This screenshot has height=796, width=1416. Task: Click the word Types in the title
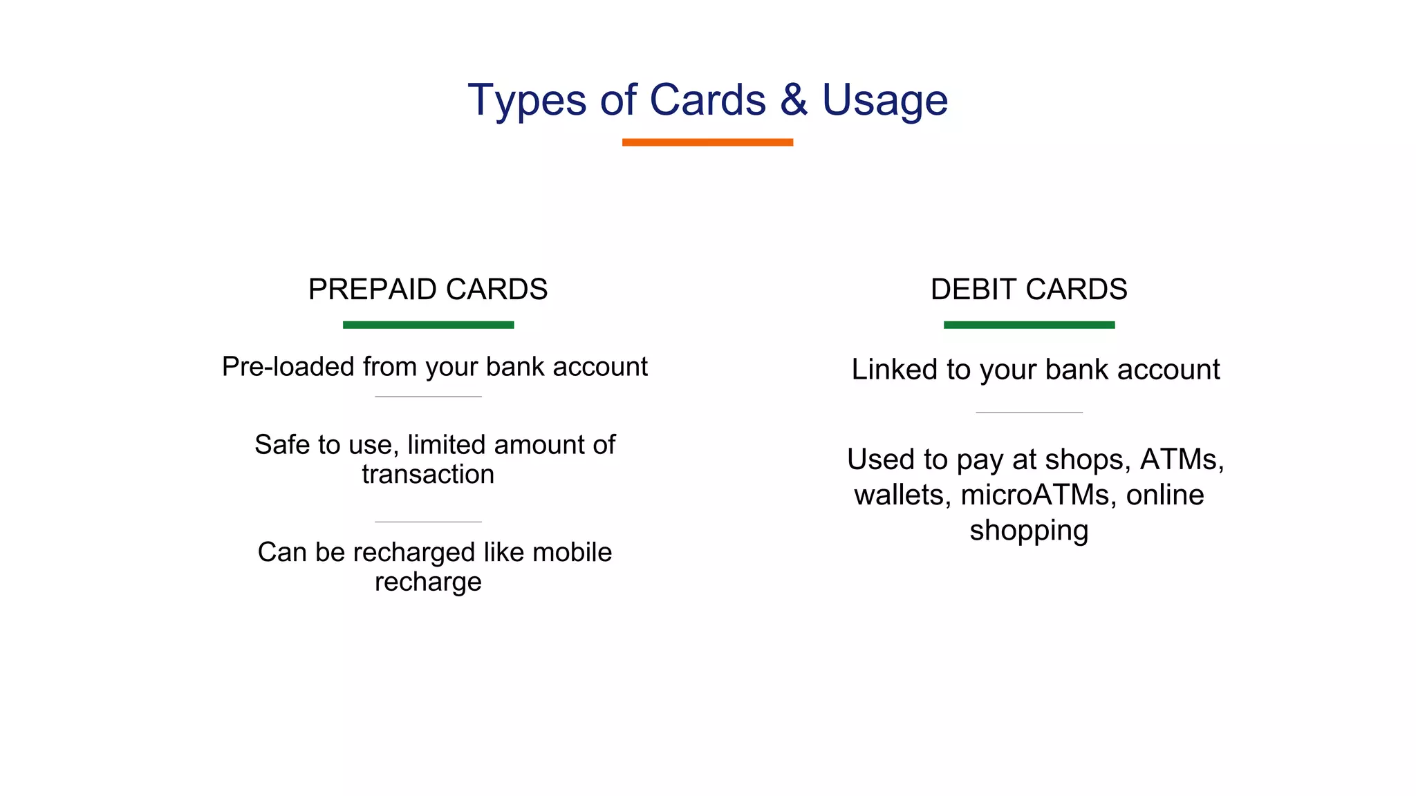[x=526, y=101]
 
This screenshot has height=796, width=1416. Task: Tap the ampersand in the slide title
[x=794, y=99]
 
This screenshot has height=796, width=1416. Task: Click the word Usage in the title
[x=884, y=101]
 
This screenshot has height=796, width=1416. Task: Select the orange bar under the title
[x=707, y=142]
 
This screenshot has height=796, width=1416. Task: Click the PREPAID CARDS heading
[x=427, y=289]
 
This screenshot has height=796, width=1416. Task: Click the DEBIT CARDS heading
[x=1029, y=289]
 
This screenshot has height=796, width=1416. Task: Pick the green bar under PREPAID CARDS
[x=428, y=325]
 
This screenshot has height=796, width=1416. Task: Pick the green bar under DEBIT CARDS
[x=1029, y=325]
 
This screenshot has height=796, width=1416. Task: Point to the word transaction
[x=428, y=475]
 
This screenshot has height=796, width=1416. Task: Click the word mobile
[x=572, y=552]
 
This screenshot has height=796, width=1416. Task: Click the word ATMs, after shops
[x=1182, y=459]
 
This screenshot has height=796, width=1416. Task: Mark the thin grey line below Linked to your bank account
[x=1029, y=413]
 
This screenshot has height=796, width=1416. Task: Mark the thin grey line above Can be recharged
[x=428, y=522]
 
